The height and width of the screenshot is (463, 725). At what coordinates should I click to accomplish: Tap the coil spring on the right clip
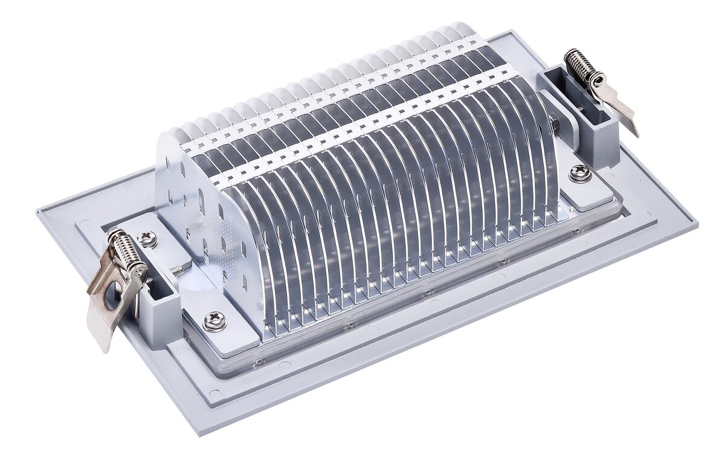tap(579, 65)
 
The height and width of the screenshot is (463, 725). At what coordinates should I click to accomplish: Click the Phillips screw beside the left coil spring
tap(147, 239)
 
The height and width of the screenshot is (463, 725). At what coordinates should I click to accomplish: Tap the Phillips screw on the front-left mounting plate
tap(215, 320)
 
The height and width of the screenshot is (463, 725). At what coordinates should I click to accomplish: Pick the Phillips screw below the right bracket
tap(580, 173)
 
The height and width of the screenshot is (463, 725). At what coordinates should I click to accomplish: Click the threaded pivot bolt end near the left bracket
tap(178, 271)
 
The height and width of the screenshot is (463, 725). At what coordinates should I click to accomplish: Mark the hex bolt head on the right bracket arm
tap(555, 129)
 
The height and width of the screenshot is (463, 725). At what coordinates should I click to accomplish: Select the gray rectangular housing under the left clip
tap(162, 314)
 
